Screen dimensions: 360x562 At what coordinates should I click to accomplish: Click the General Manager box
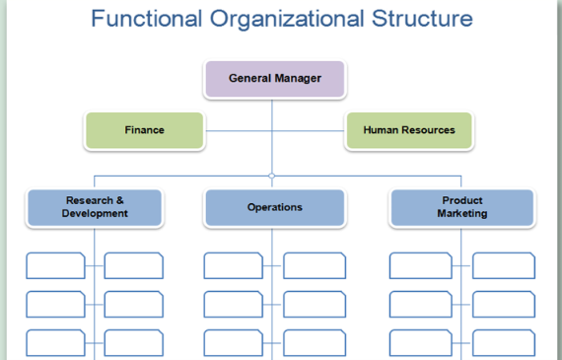pos(274,79)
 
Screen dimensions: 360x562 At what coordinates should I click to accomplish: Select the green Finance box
pos(144,130)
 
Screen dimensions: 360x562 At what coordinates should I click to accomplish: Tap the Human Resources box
pos(408,130)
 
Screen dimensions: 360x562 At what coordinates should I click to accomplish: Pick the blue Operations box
pos(274,207)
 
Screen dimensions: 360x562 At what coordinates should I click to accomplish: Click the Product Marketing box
pos(461,207)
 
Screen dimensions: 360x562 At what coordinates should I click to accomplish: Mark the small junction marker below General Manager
pos(272,176)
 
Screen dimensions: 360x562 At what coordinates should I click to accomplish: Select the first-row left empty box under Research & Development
pos(55,265)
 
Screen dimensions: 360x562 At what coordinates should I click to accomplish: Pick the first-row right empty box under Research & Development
pos(133,265)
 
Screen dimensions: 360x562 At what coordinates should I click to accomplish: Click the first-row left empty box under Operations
pos(234,265)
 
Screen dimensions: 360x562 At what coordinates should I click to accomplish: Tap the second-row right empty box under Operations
pos(314,304)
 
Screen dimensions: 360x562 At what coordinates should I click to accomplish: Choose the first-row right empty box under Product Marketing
pos(503,265)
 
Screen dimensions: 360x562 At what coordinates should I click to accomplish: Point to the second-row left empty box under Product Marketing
pos(420,304)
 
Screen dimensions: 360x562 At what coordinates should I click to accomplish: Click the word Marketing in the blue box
pos(461,214)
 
